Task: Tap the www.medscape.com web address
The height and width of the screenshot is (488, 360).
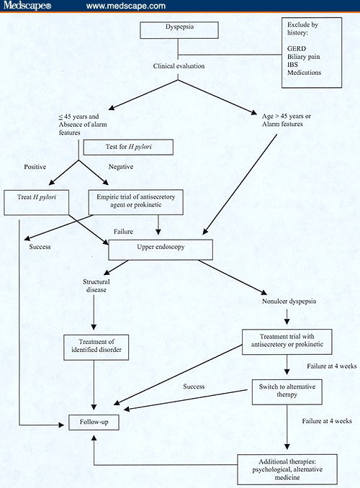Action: click(x=126, y=6)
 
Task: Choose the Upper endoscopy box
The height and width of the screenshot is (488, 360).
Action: click(x=161, y=250)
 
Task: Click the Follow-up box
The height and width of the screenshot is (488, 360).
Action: click(x=93, y=421)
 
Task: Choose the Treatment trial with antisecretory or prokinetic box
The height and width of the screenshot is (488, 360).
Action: click(x=287, y=340)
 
